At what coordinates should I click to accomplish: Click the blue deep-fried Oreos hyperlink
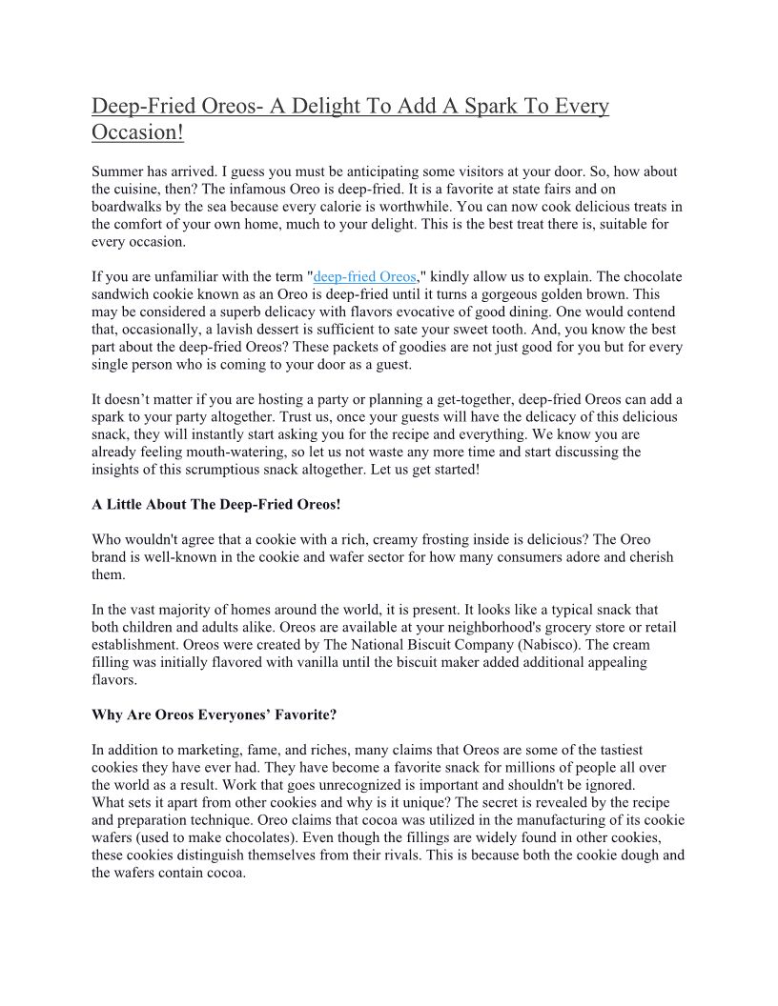point(364,277)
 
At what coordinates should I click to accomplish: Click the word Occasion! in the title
point(137,132)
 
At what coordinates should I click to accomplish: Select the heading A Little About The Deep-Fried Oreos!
point(215,504)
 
